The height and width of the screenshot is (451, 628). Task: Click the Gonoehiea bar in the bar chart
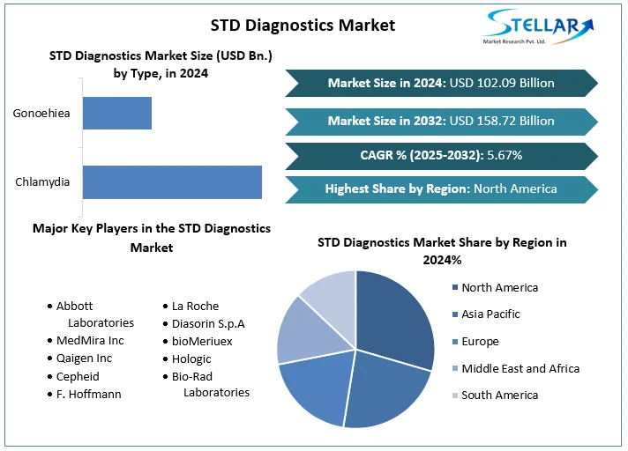point(117,114)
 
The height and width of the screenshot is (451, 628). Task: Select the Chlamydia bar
point(172,182)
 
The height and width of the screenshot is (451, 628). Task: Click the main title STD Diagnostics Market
point(290,25)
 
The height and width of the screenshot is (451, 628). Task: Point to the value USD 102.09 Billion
point(502,83)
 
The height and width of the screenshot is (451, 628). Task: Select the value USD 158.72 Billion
point(502,120)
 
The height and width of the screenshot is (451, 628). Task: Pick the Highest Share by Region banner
point(441,189)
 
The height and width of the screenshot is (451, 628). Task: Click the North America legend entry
point(499,287)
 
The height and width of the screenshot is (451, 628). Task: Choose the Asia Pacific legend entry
point(490,314)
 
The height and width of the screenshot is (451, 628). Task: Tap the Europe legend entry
point(480,341)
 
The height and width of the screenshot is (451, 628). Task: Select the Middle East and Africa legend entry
point(520,368)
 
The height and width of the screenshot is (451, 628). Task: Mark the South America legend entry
point(499,395)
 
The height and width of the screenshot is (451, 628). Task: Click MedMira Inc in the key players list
point(90,340)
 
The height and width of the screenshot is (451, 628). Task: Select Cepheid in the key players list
point(78,376)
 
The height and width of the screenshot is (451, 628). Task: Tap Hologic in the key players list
point(191,359)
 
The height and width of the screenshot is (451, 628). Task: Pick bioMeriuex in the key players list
point(202,340)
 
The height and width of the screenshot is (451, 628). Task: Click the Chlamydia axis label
point(42,182)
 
